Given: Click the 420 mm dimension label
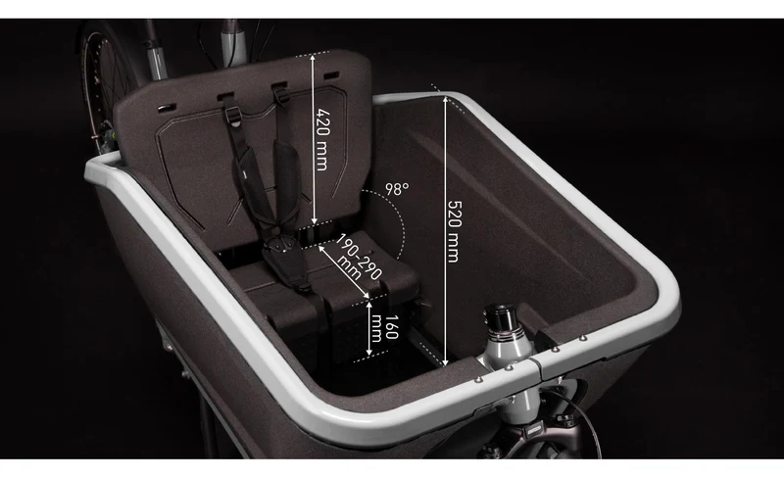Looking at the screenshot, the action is pos(323,139).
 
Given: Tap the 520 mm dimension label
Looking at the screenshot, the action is pos(454,231).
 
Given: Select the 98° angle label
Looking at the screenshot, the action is pos(397,189).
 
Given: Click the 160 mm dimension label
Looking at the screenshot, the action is pos(385,327).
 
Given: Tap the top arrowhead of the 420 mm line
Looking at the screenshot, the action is pos(314,57).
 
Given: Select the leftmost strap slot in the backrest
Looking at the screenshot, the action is pos(167,108).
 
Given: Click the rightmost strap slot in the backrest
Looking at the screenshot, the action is pos(331,75).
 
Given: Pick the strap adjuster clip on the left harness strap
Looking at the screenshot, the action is pos(233,116).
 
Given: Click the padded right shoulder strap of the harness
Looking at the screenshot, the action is pos(285,177).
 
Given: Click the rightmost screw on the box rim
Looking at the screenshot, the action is pos(582,338).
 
